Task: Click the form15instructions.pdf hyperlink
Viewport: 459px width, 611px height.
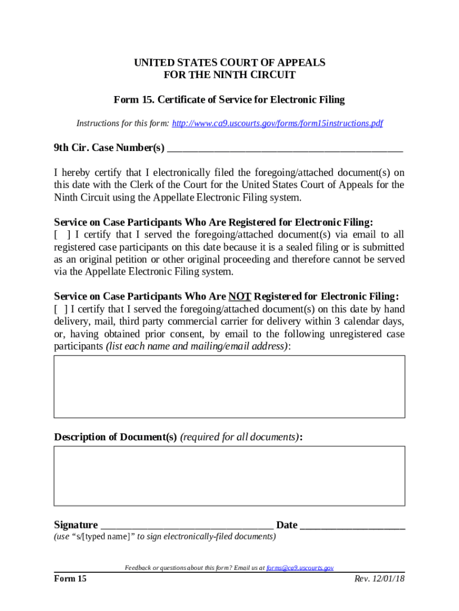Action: (277, 124)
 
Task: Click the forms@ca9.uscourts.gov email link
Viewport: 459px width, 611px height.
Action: (299, 568)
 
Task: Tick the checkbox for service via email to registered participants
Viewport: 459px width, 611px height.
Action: (62, 234)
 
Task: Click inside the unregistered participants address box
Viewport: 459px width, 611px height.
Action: (229, 387)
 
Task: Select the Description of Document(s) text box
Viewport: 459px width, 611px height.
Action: (229, 476)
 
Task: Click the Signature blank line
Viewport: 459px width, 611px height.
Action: (187, 526)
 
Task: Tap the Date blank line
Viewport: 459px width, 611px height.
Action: (352, 526)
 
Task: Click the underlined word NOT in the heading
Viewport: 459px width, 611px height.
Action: (240, 297)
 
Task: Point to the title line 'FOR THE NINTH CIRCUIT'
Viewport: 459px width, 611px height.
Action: (229, 75)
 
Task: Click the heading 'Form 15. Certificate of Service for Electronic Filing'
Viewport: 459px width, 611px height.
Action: (229, 100)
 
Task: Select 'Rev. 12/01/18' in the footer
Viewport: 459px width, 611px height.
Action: (379, 579)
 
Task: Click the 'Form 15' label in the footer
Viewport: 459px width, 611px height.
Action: (70, 579)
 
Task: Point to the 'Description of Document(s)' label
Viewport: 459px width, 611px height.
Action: (115, 437)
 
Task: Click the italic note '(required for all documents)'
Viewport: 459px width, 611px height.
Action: (240, 437)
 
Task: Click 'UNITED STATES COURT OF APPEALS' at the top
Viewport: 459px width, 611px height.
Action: (229, 63)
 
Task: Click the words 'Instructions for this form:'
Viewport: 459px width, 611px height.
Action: (123, 124)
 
